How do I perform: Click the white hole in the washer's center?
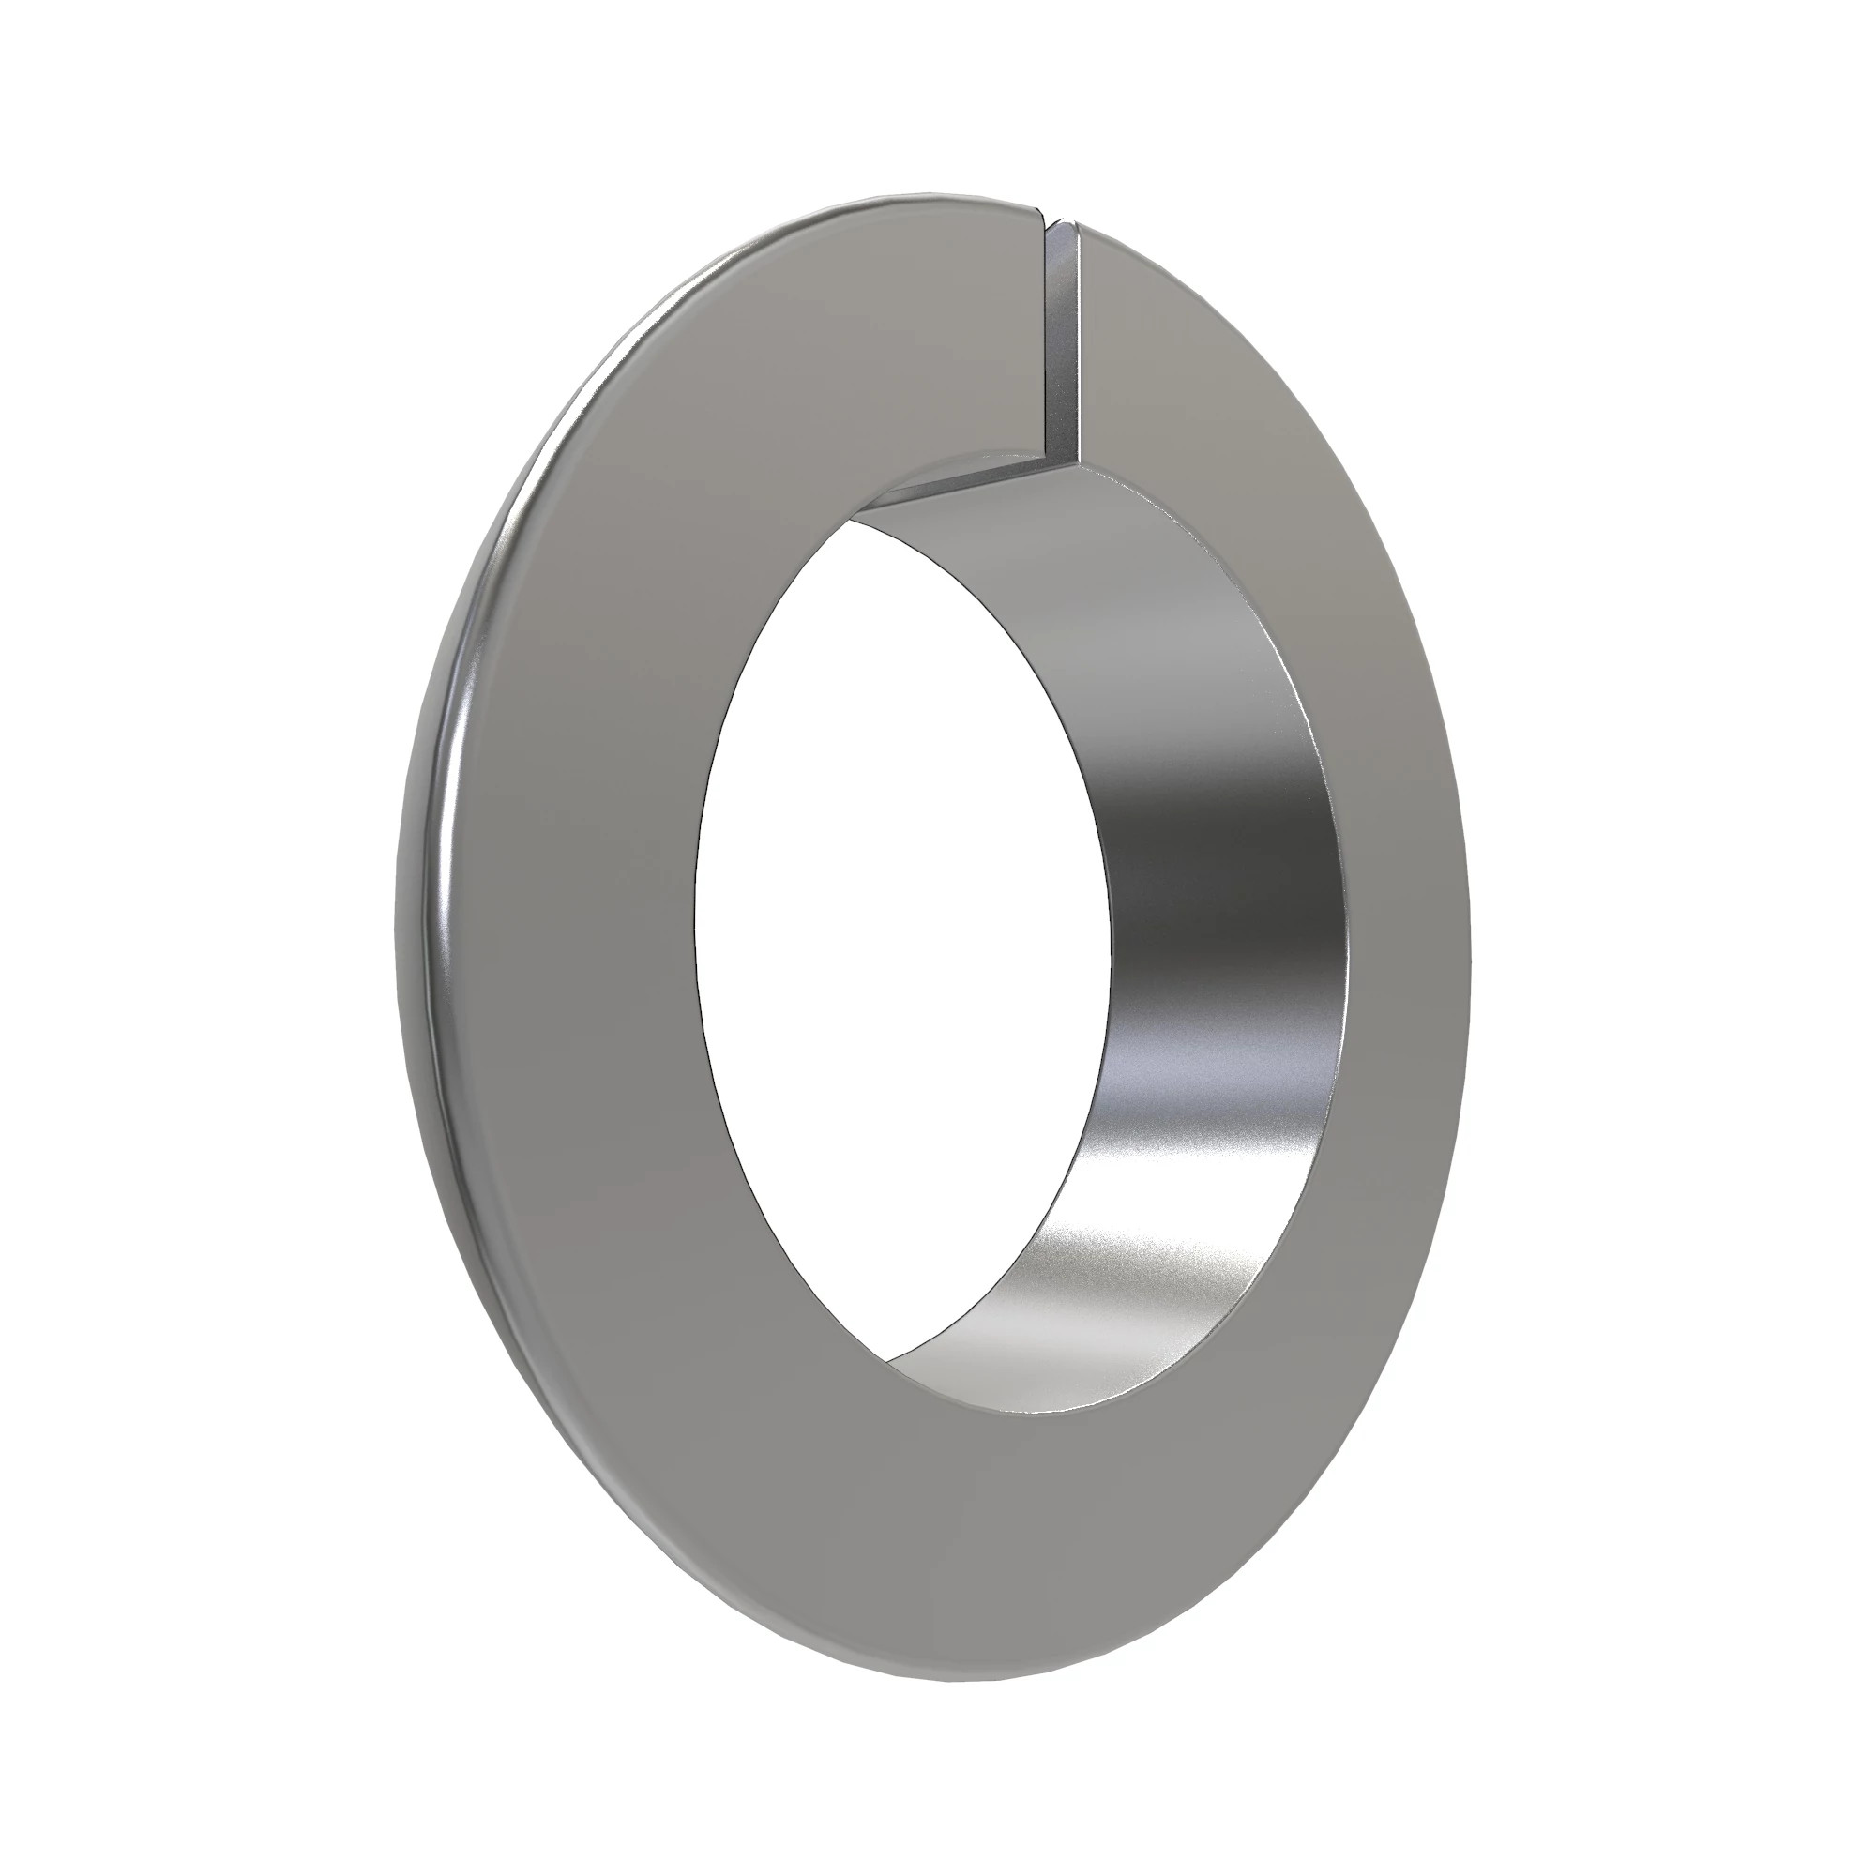click(x=903, y=932)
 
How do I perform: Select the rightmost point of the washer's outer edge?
click(x=1470, y=932)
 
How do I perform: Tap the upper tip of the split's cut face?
click(x=1067, y=225)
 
